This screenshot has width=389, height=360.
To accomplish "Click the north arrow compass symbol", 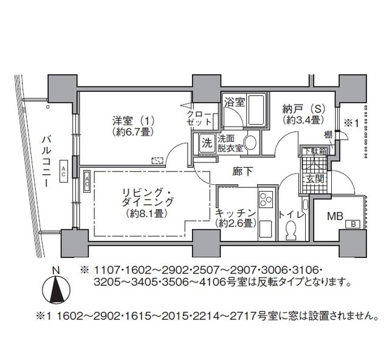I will (x=56, y=288).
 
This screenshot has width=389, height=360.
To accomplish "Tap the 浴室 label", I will (x=235, y=102).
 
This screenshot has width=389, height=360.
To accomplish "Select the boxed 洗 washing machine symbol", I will (x=207, y=144).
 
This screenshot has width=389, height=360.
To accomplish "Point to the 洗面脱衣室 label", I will (x=230, y=143).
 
